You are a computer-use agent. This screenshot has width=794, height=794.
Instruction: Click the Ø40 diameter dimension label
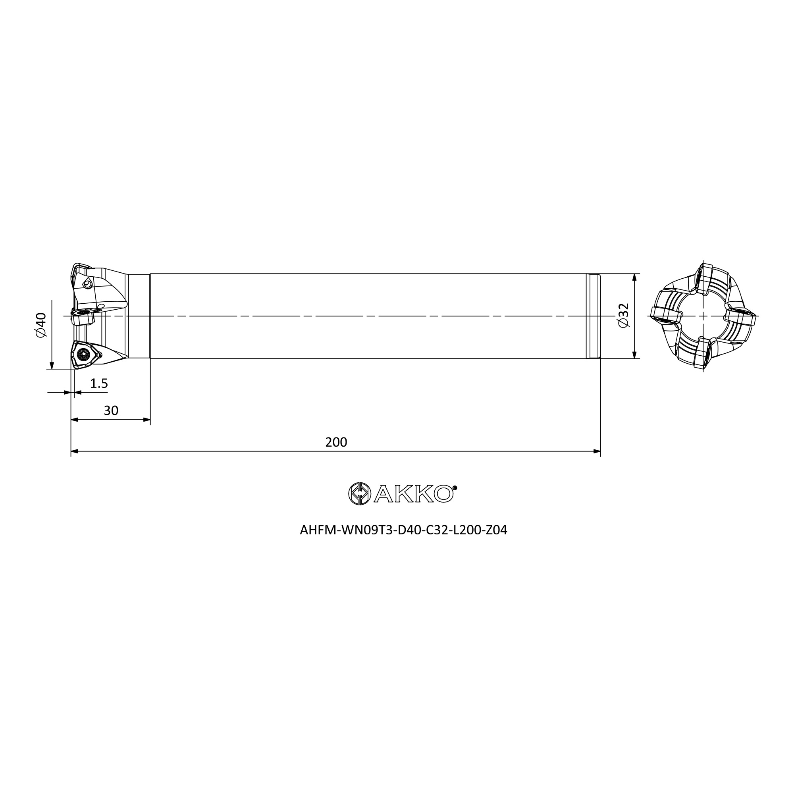tap(42, 325)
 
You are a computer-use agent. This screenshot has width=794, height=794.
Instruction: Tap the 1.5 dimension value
tap(99, 384)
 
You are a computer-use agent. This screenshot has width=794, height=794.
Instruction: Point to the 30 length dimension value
tap(111, 410)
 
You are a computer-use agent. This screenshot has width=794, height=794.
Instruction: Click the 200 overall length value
tap(336, 442)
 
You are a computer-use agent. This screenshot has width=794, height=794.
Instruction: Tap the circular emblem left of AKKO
tap(360, 493)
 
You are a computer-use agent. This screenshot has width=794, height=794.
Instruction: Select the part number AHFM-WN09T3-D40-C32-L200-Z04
tap(404, 530)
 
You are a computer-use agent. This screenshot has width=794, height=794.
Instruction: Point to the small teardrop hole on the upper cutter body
tap(87, 283)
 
